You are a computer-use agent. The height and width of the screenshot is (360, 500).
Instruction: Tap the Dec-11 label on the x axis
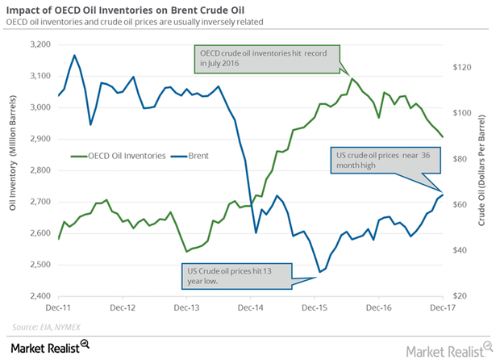tap(58, 308)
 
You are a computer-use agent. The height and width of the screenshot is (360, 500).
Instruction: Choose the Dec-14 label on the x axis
tap(252, 308)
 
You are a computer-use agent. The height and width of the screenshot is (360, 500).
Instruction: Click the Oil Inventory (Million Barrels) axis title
tap(12, 170)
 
